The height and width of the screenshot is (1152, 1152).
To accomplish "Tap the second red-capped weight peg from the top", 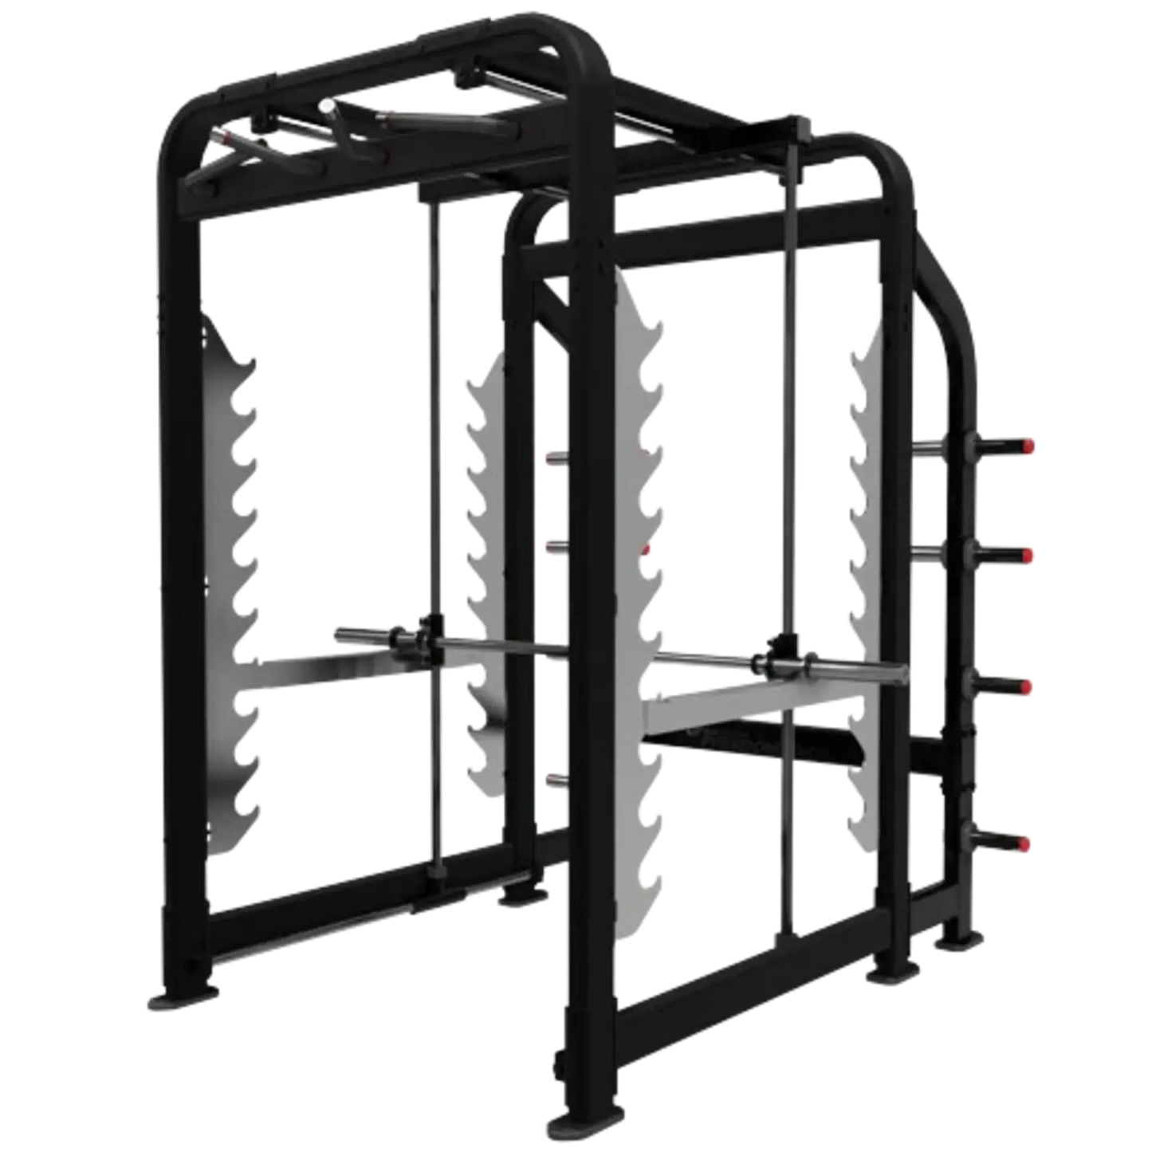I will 1028,553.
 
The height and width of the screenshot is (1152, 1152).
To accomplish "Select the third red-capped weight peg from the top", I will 1028,686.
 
